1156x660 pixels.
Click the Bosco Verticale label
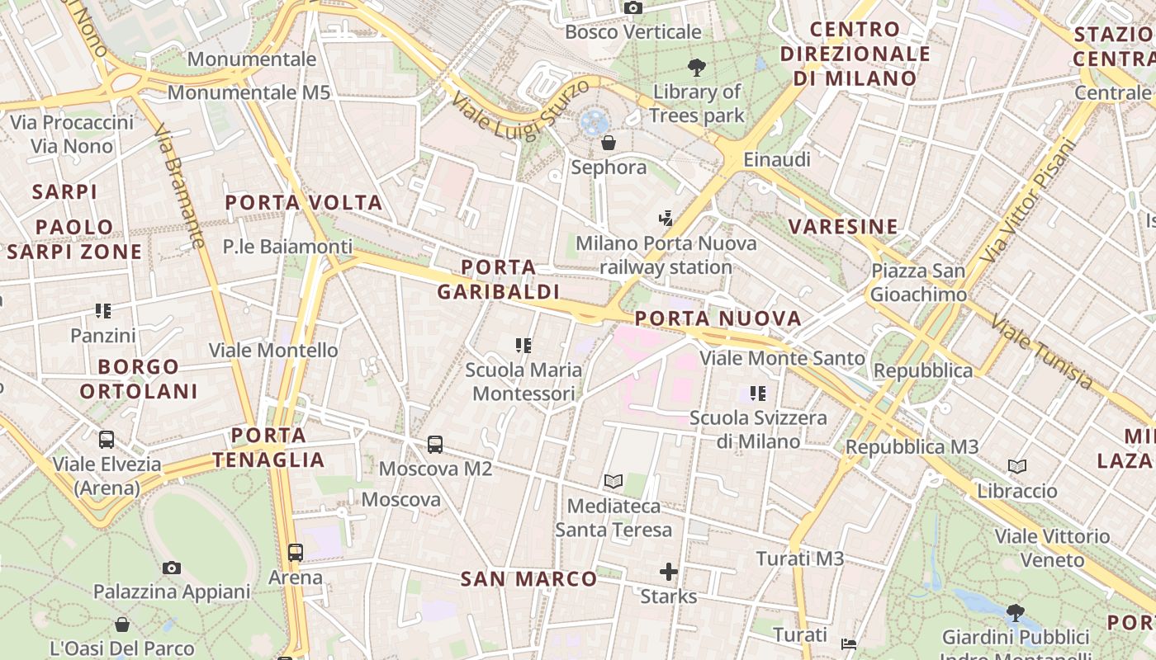point(633,32)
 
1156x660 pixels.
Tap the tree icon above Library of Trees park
point(697,68)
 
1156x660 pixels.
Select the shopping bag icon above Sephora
point(609,143)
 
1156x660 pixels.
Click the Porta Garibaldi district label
point(499,280)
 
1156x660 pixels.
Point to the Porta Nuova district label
point(718,318)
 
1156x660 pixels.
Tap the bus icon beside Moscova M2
point(435,445)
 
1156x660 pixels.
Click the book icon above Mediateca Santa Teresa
point(613,481)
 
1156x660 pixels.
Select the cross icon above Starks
point(669,571)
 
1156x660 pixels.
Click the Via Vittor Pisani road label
point(1028,201)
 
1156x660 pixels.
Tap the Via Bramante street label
point(179,186)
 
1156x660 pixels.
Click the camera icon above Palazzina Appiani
point(172,568)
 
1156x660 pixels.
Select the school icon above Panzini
point(103,311)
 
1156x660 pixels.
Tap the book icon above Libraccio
point(1017,467)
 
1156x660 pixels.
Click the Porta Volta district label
point(304,203)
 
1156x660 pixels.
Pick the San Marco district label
point(528,579)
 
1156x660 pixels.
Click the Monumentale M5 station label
point(249,92)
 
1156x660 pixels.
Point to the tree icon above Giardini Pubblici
point(1015,613)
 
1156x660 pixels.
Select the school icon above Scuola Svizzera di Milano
point(758,394)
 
